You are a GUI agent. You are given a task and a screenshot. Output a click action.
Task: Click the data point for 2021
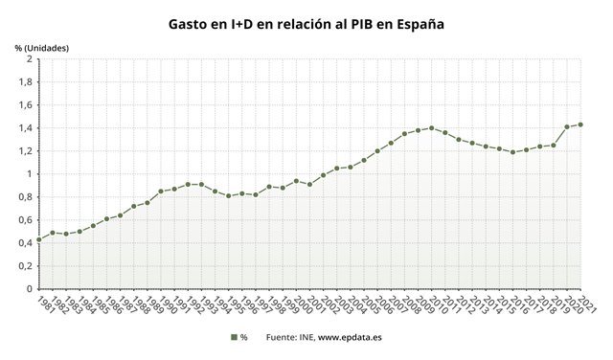(x=580, y=124)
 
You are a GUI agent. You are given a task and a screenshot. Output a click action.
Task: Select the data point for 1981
(x=38, y=239)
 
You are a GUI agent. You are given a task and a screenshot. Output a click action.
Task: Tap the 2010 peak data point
(x=431, y=128)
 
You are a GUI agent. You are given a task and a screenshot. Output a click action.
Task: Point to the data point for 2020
(x=567, y=126)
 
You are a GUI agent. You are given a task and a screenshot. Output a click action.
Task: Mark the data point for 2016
(x=512, y=152)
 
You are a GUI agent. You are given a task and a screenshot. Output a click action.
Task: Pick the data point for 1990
(x=160, y=191)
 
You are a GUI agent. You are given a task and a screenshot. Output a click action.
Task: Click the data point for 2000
(x=296, y=181)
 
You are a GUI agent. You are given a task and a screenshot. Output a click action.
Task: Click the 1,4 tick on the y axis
(x=27, y=128)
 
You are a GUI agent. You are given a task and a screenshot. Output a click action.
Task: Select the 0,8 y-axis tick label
(x=27, y=197)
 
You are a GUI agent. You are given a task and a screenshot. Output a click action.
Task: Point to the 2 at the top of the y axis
(x=30, y=59)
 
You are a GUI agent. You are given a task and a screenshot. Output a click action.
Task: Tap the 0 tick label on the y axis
(x=30, y=289)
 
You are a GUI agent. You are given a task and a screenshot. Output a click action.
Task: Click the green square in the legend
(x=233, y=337)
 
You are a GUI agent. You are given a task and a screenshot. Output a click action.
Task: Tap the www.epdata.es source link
(x=350, y=337)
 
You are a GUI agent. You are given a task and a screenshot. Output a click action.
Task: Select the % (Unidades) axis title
(x=42, y=47)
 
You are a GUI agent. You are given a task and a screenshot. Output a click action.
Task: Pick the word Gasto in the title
(x=190, y=22)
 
